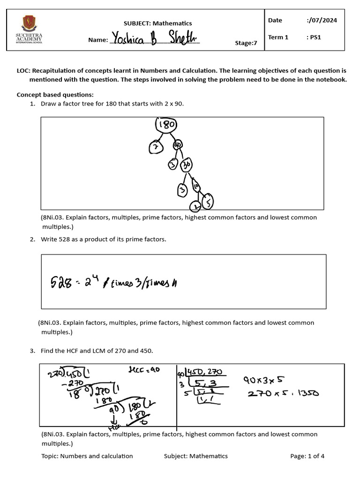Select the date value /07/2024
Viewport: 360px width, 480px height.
[x=322, y=20]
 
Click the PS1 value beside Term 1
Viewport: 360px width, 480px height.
[x=314, y=37]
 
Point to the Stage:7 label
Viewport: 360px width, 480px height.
[x=246, y=43]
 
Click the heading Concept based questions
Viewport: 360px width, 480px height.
[x=55, y=95]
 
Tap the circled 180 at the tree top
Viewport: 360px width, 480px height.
[x=166, y=125]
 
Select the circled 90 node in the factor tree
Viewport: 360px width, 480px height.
[x=178, y=145]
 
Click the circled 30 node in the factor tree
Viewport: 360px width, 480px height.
[x=187, y=165]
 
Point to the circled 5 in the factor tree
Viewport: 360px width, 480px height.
[x=208, y=201]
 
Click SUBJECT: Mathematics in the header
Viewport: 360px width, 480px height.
[x=157, y=23]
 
